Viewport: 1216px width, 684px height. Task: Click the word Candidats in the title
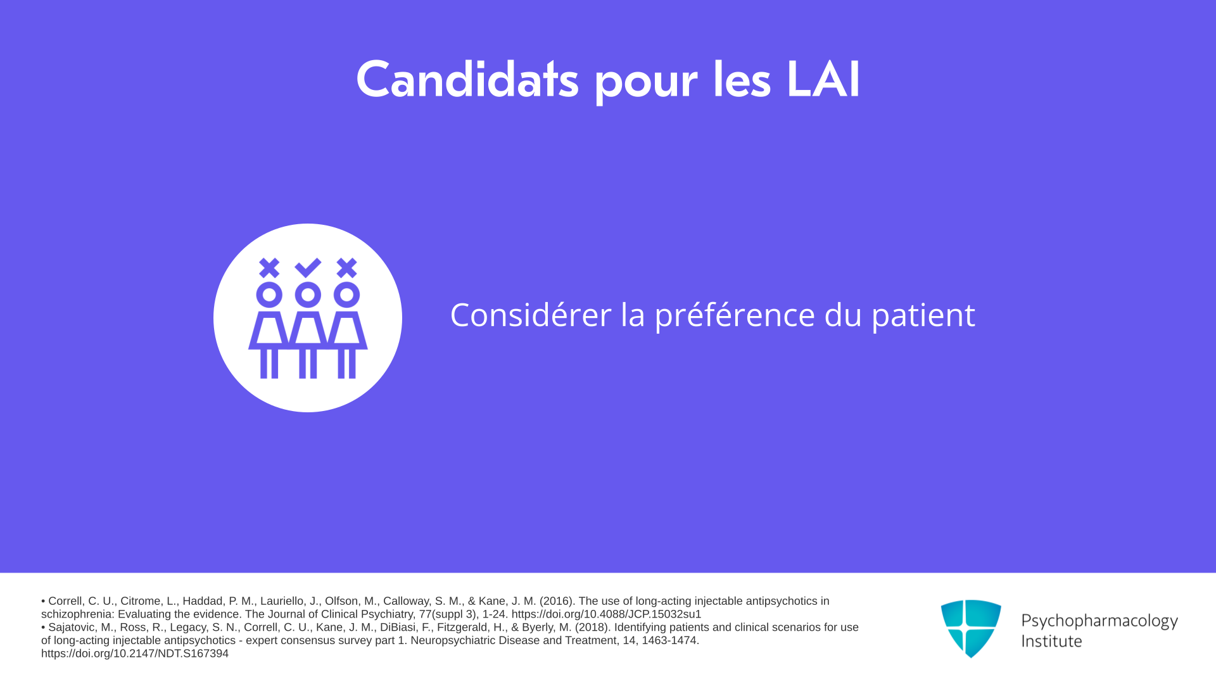(x=467, y=80)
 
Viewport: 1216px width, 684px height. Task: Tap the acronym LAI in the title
(x=823, y=80)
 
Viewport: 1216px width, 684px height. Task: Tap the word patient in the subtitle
(x=923, y=315)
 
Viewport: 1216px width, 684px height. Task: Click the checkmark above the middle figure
(x=308, y=268)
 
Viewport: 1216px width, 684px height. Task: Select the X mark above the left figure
(x=269, y=268)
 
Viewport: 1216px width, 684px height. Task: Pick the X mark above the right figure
(x=346, y=268)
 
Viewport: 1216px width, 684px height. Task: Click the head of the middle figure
(x=308, y=295)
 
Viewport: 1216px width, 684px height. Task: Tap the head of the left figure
(x=269, y=295)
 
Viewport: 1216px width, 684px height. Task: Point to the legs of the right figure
(x=346, y=364)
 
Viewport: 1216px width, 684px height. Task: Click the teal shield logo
(x=971, y=628)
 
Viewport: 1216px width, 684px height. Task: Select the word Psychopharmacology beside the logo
(x=1099, y=621)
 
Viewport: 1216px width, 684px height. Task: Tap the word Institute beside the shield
(x=1051, y=641)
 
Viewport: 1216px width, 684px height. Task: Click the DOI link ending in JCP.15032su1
(x=606, y=614)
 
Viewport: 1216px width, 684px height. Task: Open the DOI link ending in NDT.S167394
(x=135, y=654)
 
